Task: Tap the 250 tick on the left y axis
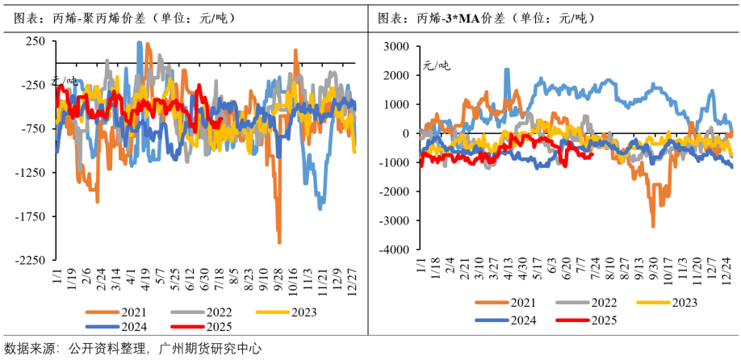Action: [37, 41]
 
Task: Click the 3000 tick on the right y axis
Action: [397, 46]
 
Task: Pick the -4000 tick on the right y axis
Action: [395, 250]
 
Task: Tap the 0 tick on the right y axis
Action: [407, 134]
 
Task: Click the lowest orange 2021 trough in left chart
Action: [279, 242]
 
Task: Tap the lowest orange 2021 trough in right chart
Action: [652, 227]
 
